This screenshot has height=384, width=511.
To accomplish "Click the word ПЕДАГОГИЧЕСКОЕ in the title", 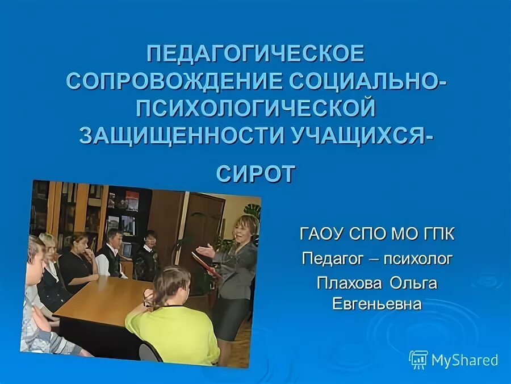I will pos(255,54).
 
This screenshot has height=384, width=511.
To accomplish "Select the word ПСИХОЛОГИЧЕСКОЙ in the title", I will pos(255,107).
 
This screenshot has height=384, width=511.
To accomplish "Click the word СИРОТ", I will pos(256,173).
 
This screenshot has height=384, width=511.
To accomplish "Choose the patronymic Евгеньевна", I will pos(377,303).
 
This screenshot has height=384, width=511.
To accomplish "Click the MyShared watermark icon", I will pos(418,359).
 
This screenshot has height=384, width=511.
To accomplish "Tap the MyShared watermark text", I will pos(464,360).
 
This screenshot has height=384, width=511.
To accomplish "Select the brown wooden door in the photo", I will pos(202,222).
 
